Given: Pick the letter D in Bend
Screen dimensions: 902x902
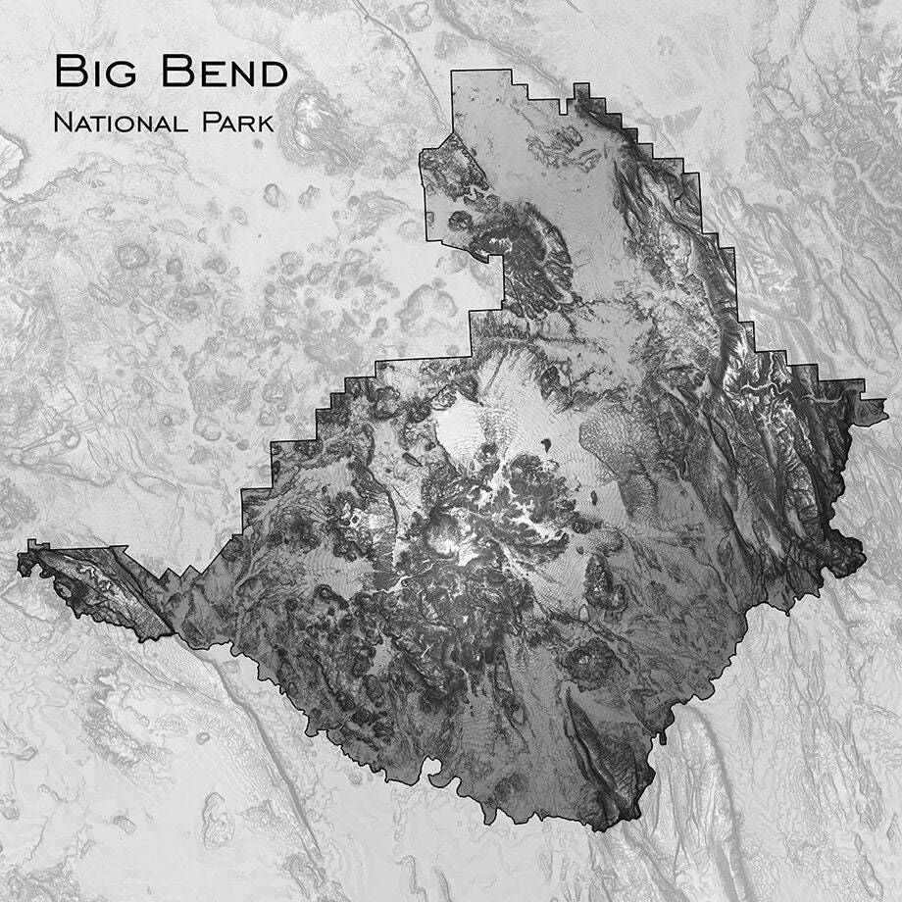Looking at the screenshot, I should coord(273,72).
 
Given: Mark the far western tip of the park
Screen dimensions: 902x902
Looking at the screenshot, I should coord(18,559).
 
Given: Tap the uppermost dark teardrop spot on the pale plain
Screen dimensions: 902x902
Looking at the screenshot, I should coord(543,447).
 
